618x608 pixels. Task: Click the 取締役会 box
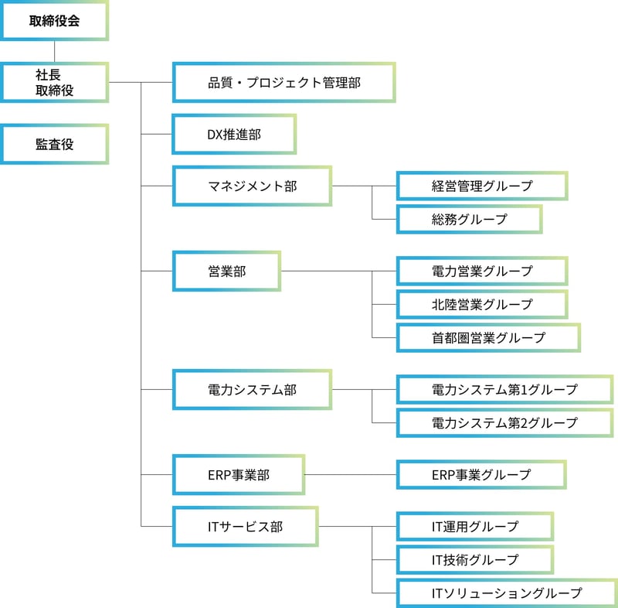coord(54,21)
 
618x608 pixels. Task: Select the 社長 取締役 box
coord(54,83)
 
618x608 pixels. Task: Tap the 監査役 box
coord(54,145)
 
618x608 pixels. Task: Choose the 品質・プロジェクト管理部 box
coord(284,83)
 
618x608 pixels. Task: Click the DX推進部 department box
coord(233,135)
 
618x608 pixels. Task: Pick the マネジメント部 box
coord(252,186)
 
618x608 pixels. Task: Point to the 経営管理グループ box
coord(482,186)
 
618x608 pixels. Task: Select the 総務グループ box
coord(469,219)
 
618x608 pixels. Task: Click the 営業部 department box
coord(226,271)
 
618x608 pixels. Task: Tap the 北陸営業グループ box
coord(482,304)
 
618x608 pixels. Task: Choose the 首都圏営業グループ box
coord(488,337)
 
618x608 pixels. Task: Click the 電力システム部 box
coord(252,389)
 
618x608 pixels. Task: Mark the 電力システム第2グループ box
coord(504,423)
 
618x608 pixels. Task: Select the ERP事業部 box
coord(238,474)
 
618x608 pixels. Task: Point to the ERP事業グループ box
coord(481,474)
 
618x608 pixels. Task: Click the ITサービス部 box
coord(245,526)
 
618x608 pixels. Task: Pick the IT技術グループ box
coord(475,559)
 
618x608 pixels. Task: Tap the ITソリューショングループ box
coord(506,593)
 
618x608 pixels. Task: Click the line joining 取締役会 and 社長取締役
coord(54,52)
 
